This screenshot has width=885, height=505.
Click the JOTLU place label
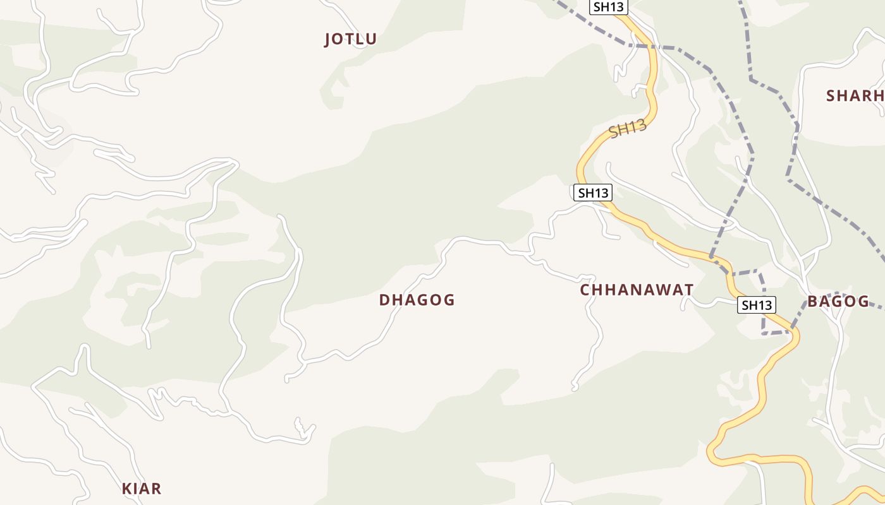click(350, 39)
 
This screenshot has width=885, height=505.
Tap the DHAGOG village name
click(417, 300)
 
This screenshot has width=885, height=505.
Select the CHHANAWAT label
click(637, 290)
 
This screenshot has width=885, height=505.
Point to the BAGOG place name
click(838, 301)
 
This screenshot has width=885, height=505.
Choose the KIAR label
click(142, 488)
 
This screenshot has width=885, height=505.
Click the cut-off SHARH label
click(855, 96)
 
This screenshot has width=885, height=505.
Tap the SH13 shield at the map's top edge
click(609, 7)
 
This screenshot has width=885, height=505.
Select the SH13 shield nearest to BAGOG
click(757, 306)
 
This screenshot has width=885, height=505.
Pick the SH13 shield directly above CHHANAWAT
click(592, 193)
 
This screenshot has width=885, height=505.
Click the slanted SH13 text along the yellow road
click(628, 129)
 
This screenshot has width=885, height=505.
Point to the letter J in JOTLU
click(327, 40)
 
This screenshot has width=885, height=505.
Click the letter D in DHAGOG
click(384, 300)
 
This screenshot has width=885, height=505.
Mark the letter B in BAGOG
click(813, 301)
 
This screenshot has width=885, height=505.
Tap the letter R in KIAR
click(156, 488)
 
